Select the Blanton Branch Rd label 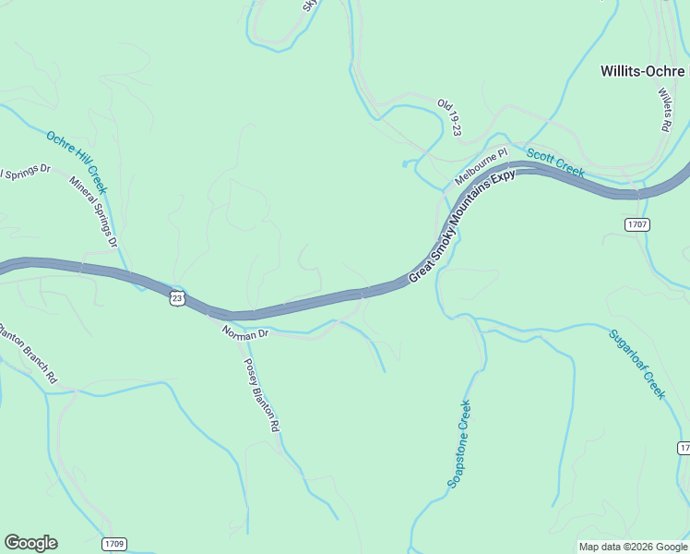pos(28,352)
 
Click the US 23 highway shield pos(177,297)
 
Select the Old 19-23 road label pos(448,117)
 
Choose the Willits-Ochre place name pos(644,70)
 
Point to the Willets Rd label pos(664,108)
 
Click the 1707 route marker pos(638,224)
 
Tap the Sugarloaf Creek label pos(636,363)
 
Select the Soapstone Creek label pos(459,443)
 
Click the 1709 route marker pos(113,543)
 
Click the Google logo pos(30,543)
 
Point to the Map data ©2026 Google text pos(632,547)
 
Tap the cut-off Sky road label pos(309,6)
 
